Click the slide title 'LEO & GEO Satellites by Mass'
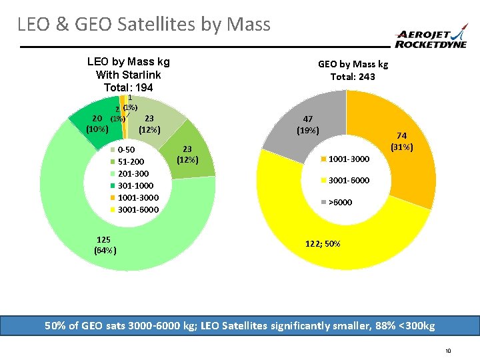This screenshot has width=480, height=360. coord(144,25)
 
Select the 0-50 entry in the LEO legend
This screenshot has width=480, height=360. coord(126,149)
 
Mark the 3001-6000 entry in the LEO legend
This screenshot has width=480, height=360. coord(137,209)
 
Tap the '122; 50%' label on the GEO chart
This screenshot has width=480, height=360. coord(323,244)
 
